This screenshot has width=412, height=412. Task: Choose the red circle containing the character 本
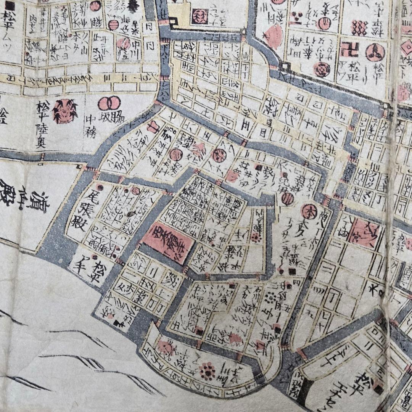point(307,210)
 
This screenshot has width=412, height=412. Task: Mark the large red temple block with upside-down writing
point(168,243)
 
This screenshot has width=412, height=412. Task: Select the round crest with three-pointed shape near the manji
point(375,52)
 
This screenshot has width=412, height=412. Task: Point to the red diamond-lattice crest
point(358,27)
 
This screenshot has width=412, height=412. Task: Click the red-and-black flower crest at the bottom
point(207,370)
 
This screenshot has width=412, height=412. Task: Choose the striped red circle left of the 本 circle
point(288,198)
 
